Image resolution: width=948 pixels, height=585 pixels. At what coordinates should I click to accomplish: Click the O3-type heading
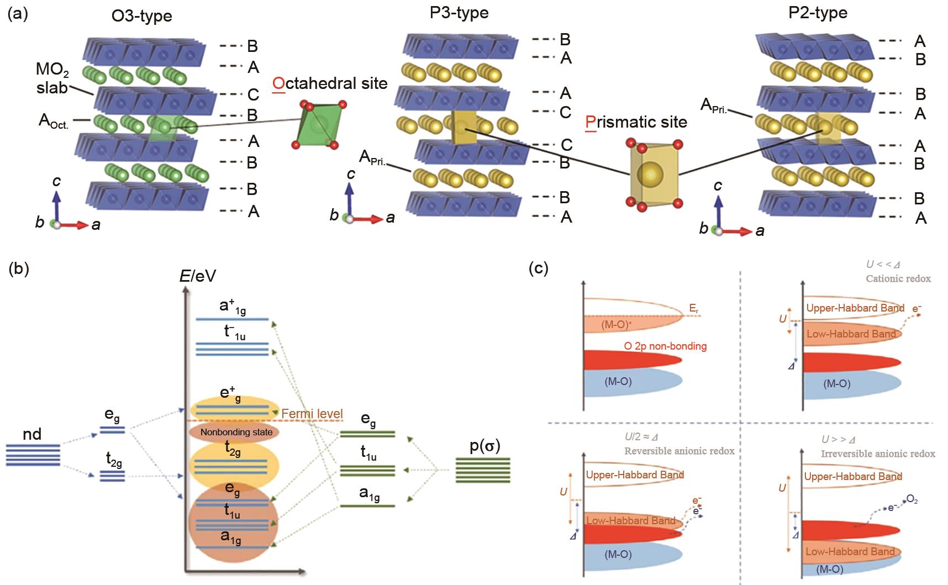tap(142, 15)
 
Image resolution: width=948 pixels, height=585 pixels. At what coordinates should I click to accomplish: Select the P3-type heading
tap(459, 12)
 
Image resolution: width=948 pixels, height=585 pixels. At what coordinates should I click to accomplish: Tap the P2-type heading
tap(817, 12)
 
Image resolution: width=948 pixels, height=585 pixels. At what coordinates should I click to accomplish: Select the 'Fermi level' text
tap(312, 413)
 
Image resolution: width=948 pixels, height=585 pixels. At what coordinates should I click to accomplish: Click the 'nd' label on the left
tap(32, 434)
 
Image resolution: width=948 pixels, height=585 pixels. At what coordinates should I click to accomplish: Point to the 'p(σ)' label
tap(484, 446)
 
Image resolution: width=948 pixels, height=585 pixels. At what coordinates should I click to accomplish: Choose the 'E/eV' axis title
tap(197, 275)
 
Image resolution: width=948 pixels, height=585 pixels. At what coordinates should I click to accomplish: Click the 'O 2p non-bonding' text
tap(665, 346)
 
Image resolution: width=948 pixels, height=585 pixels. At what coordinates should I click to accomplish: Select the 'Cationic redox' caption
tap(898, 278)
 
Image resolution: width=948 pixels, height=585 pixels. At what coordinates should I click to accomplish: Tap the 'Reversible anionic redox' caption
tap(680, 451)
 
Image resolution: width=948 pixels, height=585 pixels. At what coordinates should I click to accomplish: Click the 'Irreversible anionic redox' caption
tap(878, 454)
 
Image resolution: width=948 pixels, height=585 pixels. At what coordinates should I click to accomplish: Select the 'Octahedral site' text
tap(330, 83)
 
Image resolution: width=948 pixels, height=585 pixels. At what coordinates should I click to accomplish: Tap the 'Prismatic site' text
tap(636, 122)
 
